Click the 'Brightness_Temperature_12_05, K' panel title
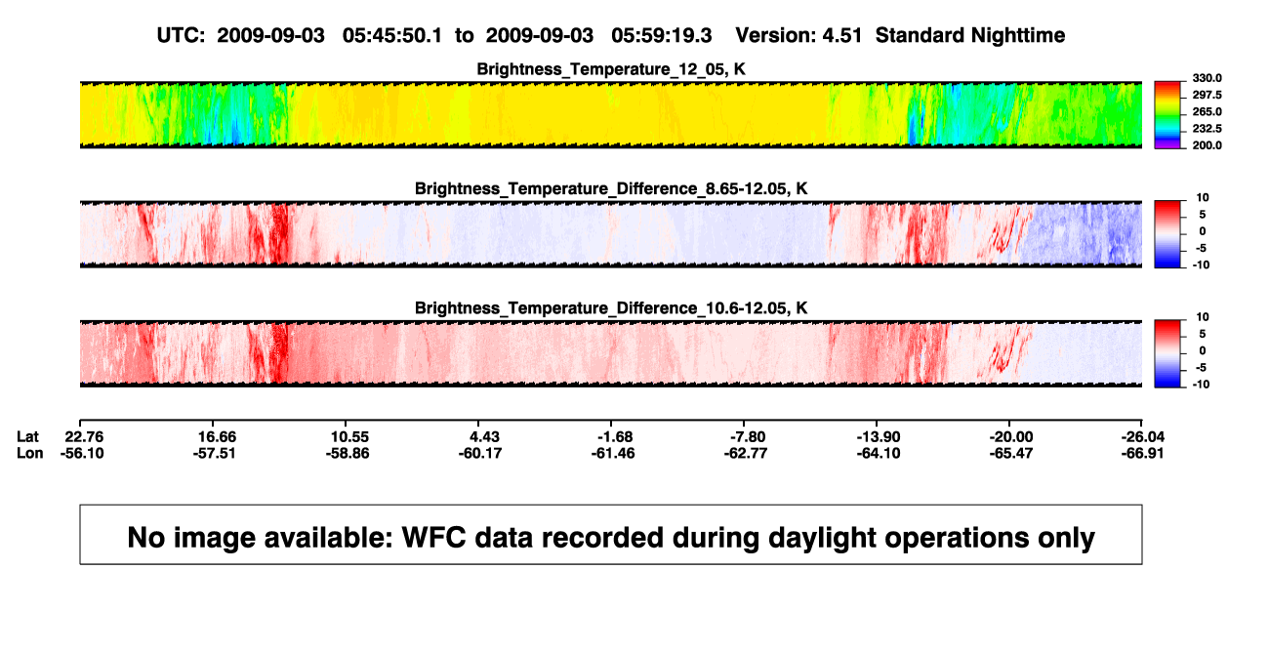pyautogui.click(x=611, y=69)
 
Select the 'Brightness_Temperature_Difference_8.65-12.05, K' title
pyautogui.click(x=611, y=188)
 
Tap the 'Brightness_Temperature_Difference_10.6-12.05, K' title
pyautogui.click(x=611, y=308)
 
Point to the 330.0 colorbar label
pyautogui.click(x=1207, y=78)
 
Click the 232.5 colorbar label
pyautogui.click(x=1207, y=129)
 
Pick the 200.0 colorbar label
pyautogui.click(x=1207, y=145)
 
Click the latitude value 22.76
pyautogui.click(x=84, y=437)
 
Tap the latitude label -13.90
pyautogui.click(x=879, y=437)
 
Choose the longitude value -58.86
pyautogui.click(x=348, y=453)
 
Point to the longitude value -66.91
pyautogui.click(x=1142, y=453)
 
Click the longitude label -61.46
pyautogui.click(x=613, y=453)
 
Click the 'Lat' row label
pyautogui.click(x=27, y=437)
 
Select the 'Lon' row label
pyautogui.click(x=29, y=453)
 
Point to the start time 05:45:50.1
pyautogui.click(x=392, y=35)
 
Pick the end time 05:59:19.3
pyautogui.click(x=661, y=35)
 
